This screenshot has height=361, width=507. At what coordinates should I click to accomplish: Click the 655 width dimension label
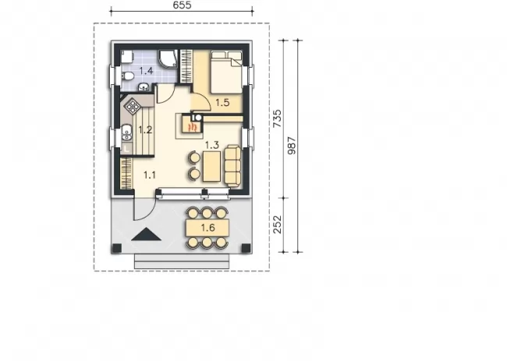[182, 5]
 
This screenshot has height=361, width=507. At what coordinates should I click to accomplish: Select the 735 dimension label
[278, 119]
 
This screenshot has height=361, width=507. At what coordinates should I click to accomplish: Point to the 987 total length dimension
[292, 146]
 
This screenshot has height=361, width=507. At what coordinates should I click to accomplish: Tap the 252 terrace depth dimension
[278, 225]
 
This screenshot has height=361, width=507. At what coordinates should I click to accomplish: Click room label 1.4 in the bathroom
[146, 70]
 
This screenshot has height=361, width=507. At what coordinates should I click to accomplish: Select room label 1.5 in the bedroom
[222, 102]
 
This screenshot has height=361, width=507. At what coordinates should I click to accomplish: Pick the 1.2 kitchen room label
[145, 130]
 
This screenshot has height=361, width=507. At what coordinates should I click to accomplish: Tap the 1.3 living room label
[212, 145]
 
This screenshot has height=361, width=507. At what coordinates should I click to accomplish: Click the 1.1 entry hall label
[150, 175]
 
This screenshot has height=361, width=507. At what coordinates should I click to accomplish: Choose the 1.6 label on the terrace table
[208, 228]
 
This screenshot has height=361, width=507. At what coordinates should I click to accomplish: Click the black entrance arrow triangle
[146, 234]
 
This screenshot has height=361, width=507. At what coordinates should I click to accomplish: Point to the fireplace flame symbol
[193, 126]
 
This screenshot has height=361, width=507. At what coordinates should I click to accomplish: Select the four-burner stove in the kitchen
[133, 105]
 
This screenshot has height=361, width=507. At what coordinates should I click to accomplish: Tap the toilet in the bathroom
[128, 76]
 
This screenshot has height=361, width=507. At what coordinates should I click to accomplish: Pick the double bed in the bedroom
[226, 72]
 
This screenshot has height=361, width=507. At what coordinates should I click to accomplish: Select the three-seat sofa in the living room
[232, 166]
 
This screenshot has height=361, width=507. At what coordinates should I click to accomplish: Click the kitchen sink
[127, 133]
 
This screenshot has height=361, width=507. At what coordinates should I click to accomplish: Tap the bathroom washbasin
[144, 87]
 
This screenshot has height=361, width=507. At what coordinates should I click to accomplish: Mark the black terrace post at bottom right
[246, 248]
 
